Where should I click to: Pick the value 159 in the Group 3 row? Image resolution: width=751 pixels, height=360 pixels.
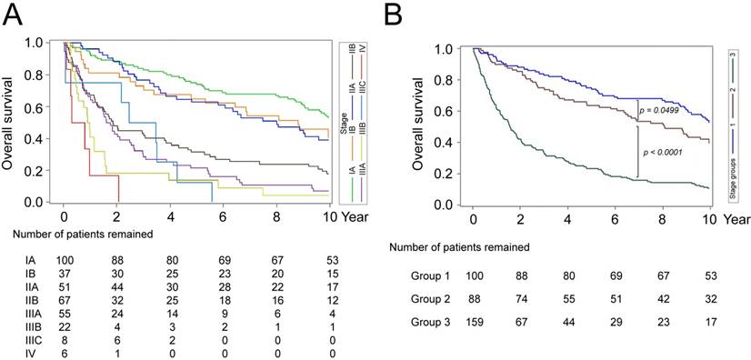[482, 321]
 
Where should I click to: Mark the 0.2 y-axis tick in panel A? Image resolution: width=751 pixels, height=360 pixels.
[34, 171]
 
